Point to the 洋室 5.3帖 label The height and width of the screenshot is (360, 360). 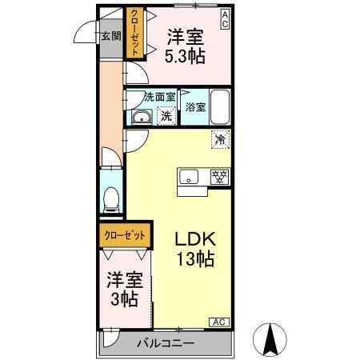(183, 46)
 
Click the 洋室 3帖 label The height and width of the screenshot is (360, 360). (124, 290)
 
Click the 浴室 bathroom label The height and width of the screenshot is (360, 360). (194, 106)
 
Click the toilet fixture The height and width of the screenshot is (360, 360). (111, 198)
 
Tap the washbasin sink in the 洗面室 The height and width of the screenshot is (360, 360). (142, 118)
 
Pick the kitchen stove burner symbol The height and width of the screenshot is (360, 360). (218, 177)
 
